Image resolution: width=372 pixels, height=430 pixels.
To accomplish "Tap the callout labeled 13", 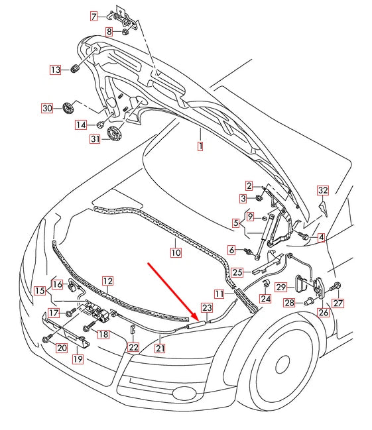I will coord(55,70).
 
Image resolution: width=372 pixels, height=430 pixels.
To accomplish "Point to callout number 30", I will coord(46,108).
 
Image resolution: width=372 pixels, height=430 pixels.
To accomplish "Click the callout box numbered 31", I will coord(95,138).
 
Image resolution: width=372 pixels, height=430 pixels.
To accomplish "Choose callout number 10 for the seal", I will coord(175,252).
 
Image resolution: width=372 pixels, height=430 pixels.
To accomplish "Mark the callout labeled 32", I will coord(322,190).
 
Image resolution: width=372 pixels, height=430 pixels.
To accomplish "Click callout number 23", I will coord(208,307).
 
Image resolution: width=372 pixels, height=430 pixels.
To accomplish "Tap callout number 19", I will coord(78,359).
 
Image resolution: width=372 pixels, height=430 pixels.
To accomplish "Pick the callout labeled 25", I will coord(237,271).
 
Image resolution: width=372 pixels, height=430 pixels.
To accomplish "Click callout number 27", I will coord(339,303).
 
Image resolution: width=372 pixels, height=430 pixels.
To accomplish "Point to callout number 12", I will coord(107,281).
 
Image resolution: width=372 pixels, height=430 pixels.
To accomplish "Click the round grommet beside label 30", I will coord(67,108).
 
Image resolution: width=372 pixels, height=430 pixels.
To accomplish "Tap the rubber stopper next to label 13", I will coord(74,69).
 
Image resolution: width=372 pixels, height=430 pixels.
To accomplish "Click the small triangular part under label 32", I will coord(322,209).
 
